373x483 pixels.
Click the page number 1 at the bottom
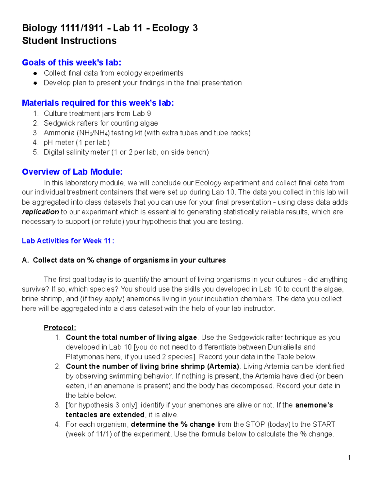[349, 457]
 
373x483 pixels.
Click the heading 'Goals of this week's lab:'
[71, 63]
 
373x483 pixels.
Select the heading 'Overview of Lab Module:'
[72, 172]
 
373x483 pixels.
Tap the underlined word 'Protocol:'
[60, 328]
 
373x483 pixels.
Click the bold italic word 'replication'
[40, 212]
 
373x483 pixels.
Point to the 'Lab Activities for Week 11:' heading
[68, 241]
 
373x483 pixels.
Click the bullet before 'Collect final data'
[36, 73]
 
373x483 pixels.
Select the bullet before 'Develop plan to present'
[36, 83]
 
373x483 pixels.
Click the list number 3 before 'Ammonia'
[35, 133]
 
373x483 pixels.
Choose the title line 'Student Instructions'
[69, 41]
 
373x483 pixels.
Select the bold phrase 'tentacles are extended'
[105, 415]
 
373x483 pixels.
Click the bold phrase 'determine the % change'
[173, 424]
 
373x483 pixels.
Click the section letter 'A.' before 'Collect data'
[25, 260]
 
